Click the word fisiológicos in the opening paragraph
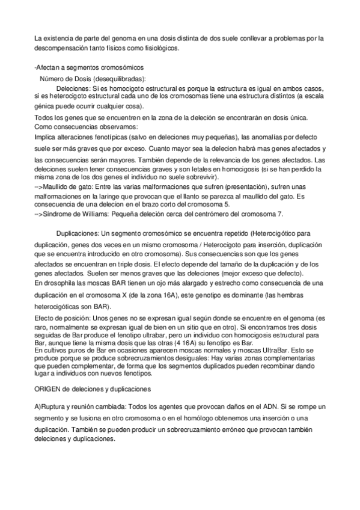tap(159, 48)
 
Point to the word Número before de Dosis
tap(52, 78)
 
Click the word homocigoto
tap(118, 88)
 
